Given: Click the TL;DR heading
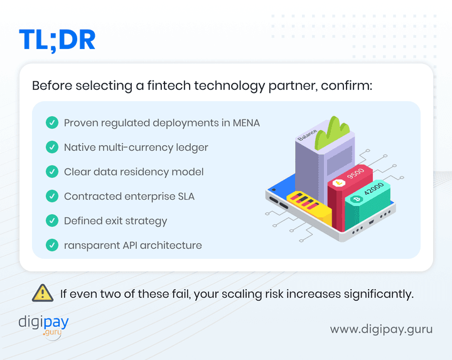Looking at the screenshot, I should (x=57, y=39).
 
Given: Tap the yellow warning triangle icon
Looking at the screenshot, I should (x=42, y=293).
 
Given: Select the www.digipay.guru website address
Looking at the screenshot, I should (x=381, y=329).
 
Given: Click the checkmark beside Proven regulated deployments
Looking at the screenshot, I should (x=52, y=123).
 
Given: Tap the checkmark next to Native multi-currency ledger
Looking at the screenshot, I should (x=52, y=147).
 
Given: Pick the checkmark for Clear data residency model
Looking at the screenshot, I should (x=52, y=172).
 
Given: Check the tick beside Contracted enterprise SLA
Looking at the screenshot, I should (x=52, y=196).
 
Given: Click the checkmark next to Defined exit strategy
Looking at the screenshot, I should (x=52, y=221).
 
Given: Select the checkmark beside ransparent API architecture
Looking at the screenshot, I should (x=52, y=245).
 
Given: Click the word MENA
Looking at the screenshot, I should (x=244, y=123).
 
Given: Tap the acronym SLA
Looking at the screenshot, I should (x=184, y=196).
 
